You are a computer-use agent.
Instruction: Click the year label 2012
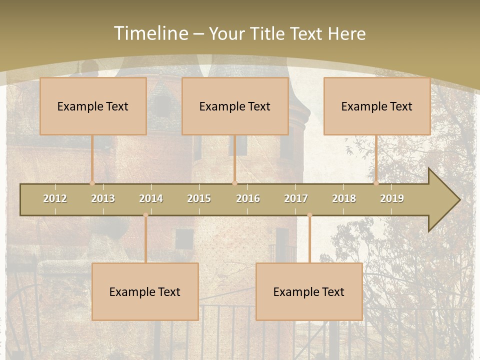55,198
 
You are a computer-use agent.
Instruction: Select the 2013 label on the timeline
103,198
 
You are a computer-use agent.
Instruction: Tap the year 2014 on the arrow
151,198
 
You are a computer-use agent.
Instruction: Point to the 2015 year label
199,198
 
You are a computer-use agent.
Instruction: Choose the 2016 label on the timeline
248,198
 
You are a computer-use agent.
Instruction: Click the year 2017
296,198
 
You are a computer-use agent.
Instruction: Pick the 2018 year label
344,198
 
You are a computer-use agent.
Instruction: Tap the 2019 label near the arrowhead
392,198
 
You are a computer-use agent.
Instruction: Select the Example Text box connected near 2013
93,106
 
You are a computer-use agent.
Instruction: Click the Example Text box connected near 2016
235,106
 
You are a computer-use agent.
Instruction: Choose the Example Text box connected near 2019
377,106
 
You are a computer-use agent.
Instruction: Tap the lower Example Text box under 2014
145,291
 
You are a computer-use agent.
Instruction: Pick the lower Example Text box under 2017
309,291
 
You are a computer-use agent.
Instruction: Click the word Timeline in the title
150,33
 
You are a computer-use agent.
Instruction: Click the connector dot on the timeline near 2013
92,183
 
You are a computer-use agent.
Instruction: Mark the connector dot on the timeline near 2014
145,215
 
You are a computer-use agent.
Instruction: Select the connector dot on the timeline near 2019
376,183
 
